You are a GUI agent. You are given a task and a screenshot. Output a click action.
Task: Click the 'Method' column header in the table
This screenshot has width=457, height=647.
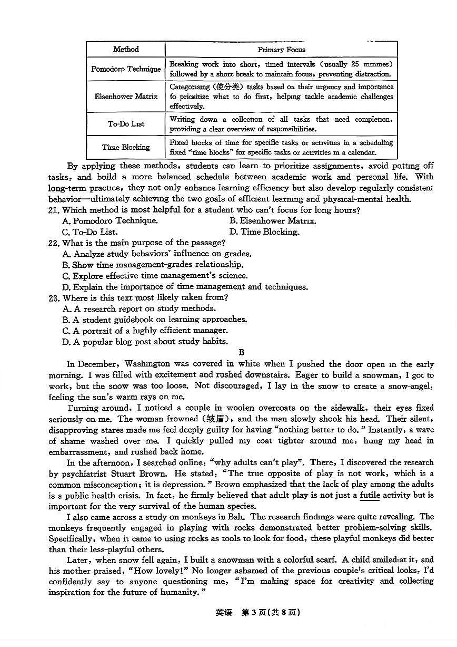(x=126, y=49)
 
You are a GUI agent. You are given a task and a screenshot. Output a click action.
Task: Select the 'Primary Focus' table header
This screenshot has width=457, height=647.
(x=281, y=50)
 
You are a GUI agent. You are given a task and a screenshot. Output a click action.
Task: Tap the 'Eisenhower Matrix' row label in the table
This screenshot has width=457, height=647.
(x=126, y=96)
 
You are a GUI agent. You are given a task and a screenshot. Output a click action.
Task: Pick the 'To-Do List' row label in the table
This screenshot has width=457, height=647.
(x=126, y=124)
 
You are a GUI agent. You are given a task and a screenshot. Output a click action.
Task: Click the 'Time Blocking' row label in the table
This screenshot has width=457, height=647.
(x=126, y=147)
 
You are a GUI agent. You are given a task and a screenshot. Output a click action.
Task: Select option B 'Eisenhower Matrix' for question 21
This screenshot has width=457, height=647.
(x=273, y=221)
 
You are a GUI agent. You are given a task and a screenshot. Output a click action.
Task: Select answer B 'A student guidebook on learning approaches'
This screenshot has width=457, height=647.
(x=154, y=320)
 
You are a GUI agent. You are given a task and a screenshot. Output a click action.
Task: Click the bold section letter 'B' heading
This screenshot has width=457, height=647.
(x=242, y=353)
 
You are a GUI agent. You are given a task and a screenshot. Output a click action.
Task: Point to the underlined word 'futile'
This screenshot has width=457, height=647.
(x=370, y=495)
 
